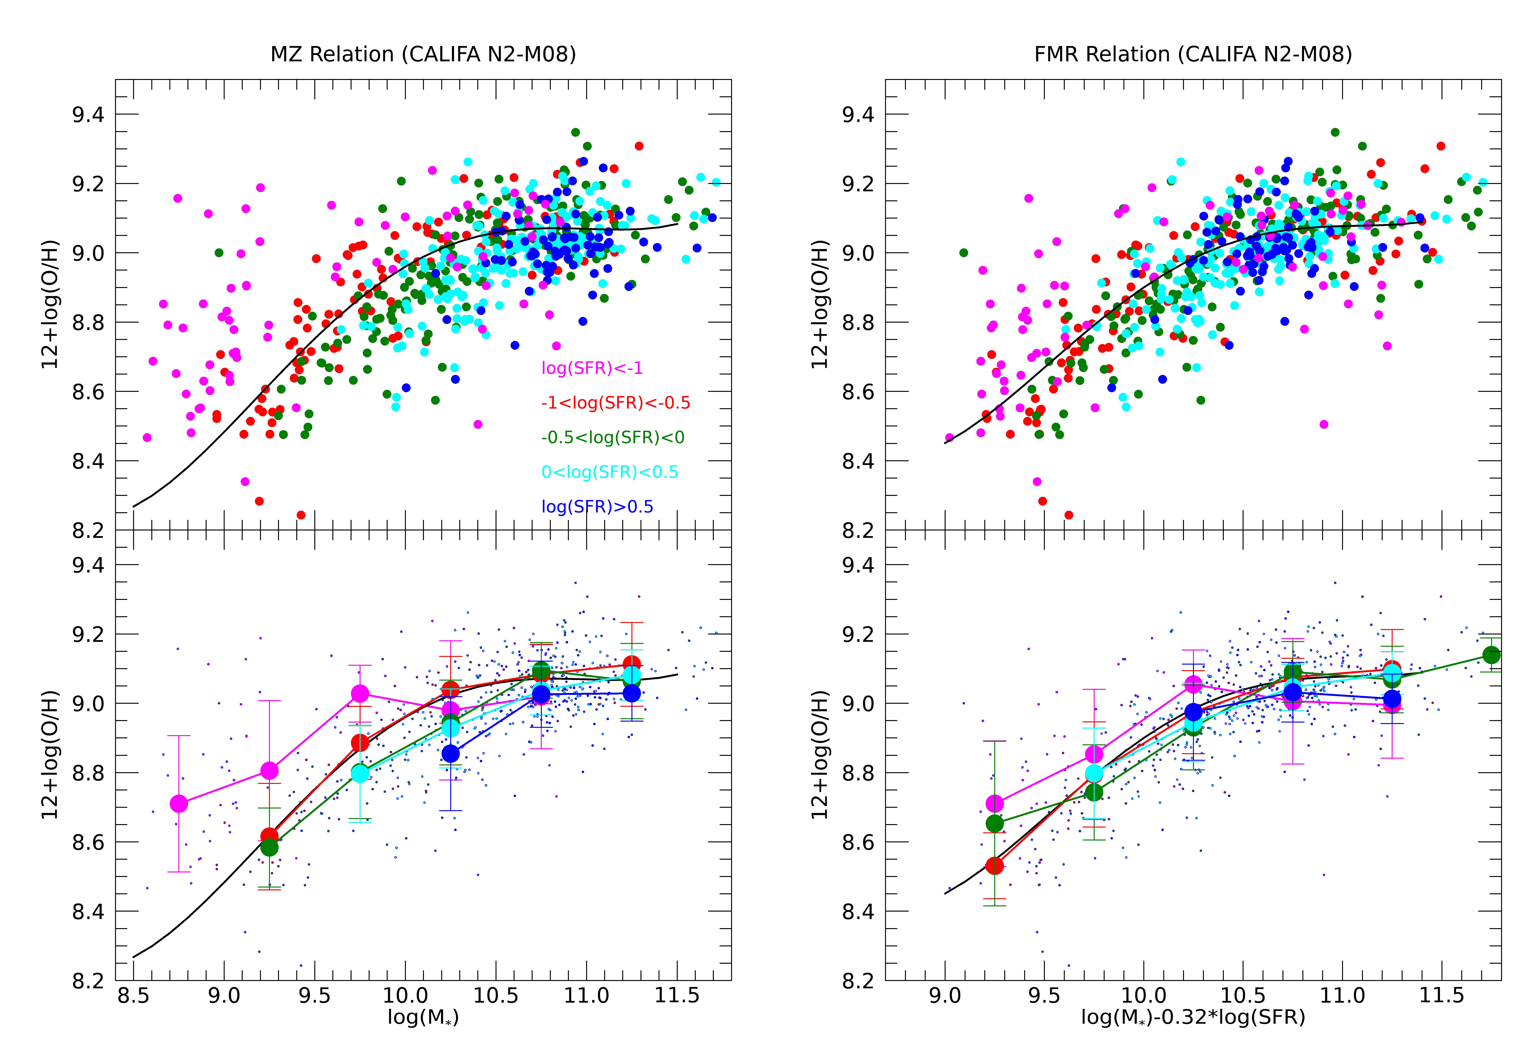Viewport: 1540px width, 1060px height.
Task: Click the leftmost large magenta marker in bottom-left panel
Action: pyautogui.click(x=179, y=804)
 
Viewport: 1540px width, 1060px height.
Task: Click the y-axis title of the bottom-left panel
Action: pyautogui.click(x=50, y=755)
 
